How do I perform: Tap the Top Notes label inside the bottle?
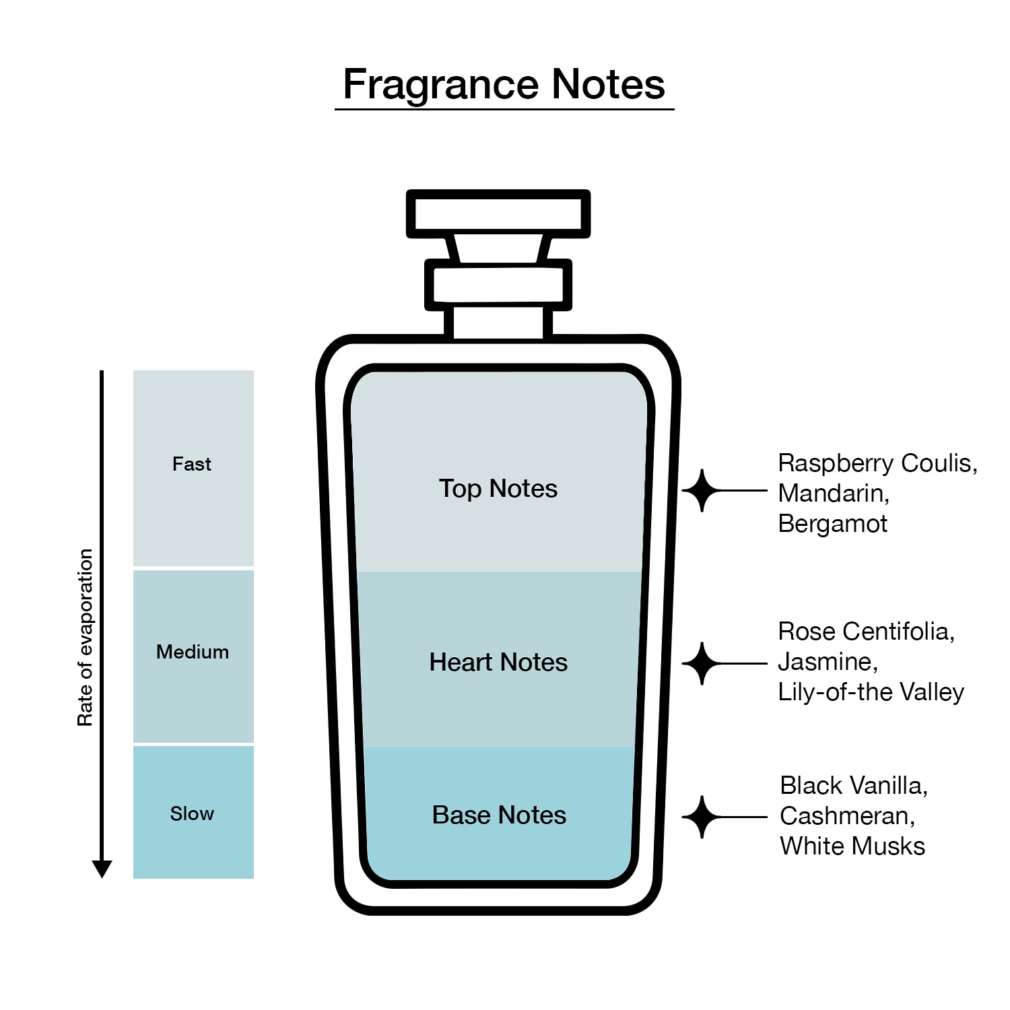(498, 489)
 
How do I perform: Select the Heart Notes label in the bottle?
(498, 663)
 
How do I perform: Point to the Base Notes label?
(499, 815)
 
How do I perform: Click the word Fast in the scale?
(192, 464)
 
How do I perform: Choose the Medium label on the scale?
(193, 652)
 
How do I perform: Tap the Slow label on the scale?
(192, 813)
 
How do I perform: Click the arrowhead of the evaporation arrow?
(102, 869)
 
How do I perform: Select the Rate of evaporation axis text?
(85, 638)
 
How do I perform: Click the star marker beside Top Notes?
(702, 491)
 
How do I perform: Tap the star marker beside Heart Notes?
(702, 664)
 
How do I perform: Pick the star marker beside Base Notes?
(702, 817)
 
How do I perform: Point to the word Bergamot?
(833, 524)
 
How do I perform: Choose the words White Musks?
(852, 846)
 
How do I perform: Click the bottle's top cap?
(498, 213)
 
